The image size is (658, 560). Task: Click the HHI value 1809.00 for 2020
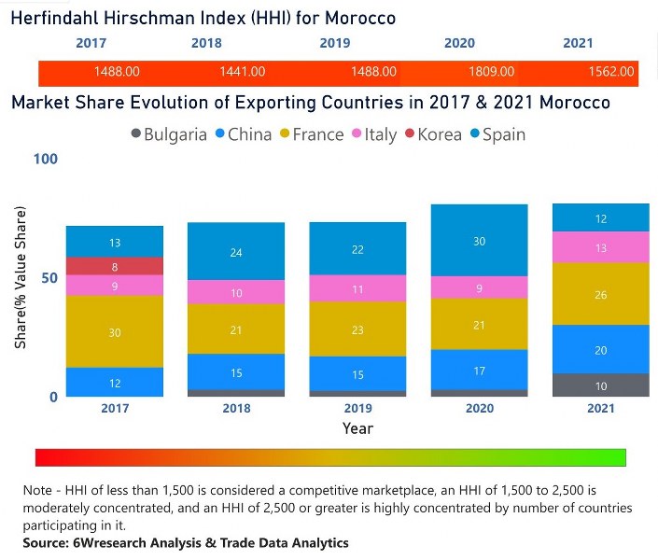coord(491,71)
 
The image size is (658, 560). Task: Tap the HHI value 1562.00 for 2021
coord(611,71)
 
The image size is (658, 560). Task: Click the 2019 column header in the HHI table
coord(334,43)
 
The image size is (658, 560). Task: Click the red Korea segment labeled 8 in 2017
coord(114,266)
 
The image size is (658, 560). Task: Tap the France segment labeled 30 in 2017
coord(114,332)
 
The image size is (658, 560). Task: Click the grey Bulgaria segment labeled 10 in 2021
coord(600,385)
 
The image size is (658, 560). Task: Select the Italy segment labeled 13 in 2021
coord(600,247)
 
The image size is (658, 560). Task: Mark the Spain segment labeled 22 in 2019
coord(358,249)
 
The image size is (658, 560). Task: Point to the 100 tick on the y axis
coord(46,159)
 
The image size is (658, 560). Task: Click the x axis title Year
coord(357,428)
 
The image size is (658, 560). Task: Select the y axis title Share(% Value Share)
coord(21,277)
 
